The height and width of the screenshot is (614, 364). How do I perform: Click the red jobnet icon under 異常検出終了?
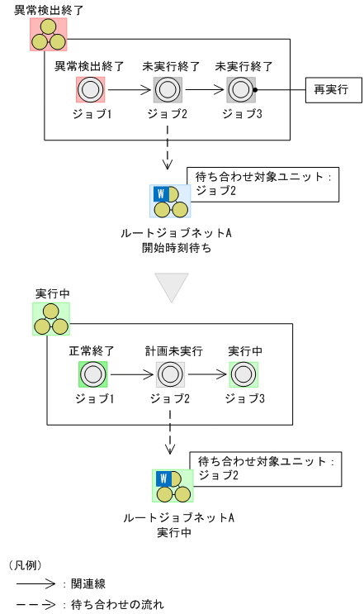click(x=48, y=33)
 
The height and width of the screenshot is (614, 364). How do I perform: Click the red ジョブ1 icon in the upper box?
click(x=90, y=89)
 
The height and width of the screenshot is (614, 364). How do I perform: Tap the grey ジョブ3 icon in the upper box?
click(x=241, y=89)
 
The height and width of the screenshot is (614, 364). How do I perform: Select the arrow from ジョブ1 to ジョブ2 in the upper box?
click(x=128, y=89)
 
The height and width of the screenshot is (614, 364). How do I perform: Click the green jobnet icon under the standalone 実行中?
click(x=50, y=319)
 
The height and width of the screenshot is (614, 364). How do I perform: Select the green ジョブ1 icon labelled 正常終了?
click(x=92, y=374)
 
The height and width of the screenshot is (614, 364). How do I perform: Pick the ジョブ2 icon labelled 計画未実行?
click(x=169, y=374)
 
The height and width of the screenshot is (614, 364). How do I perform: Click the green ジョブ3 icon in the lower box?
click(x=243, y=374)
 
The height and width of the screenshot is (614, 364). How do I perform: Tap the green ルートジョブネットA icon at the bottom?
click(x=173, y=486)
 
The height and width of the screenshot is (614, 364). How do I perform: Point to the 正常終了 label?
click(x=92, y=350)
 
